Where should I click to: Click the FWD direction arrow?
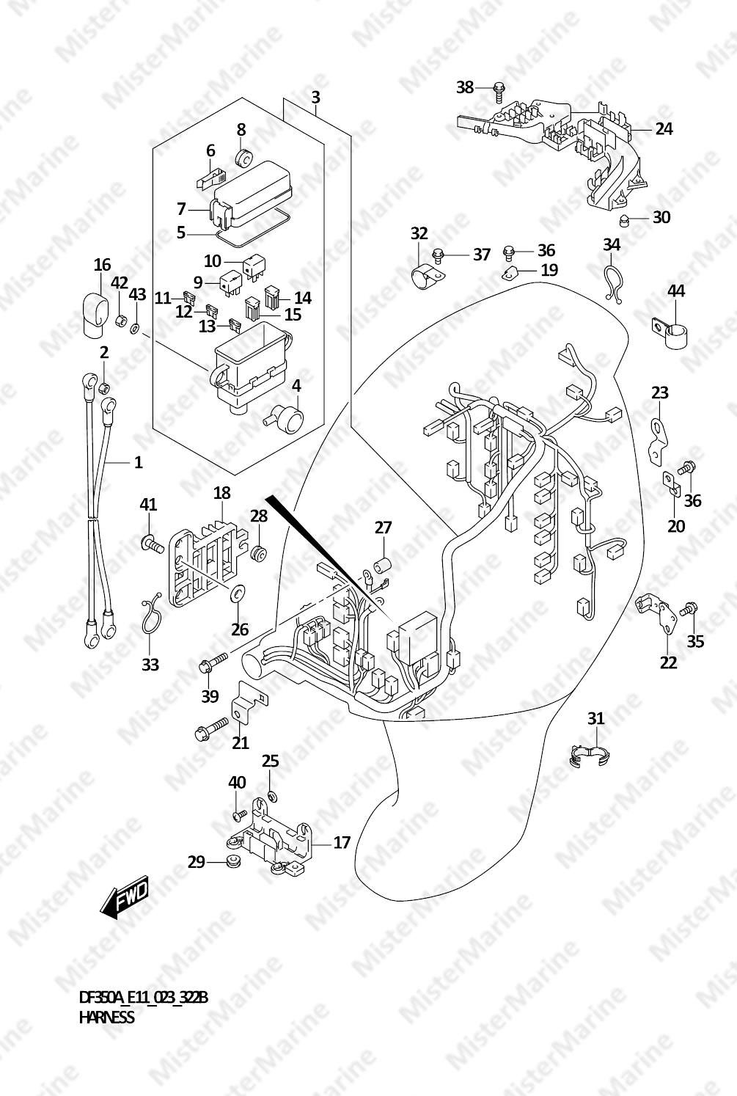point(122,896)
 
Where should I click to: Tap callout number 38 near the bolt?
point(465,87)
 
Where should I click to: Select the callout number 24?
point(664,129)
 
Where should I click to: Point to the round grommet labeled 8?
point(243,158)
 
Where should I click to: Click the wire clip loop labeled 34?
point(612,282)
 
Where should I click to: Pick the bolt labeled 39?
point(213,660)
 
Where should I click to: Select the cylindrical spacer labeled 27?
point(383,565)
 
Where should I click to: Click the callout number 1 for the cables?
point(139,462)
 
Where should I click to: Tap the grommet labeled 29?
point(232,862)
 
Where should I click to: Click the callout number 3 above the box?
point(315,98)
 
